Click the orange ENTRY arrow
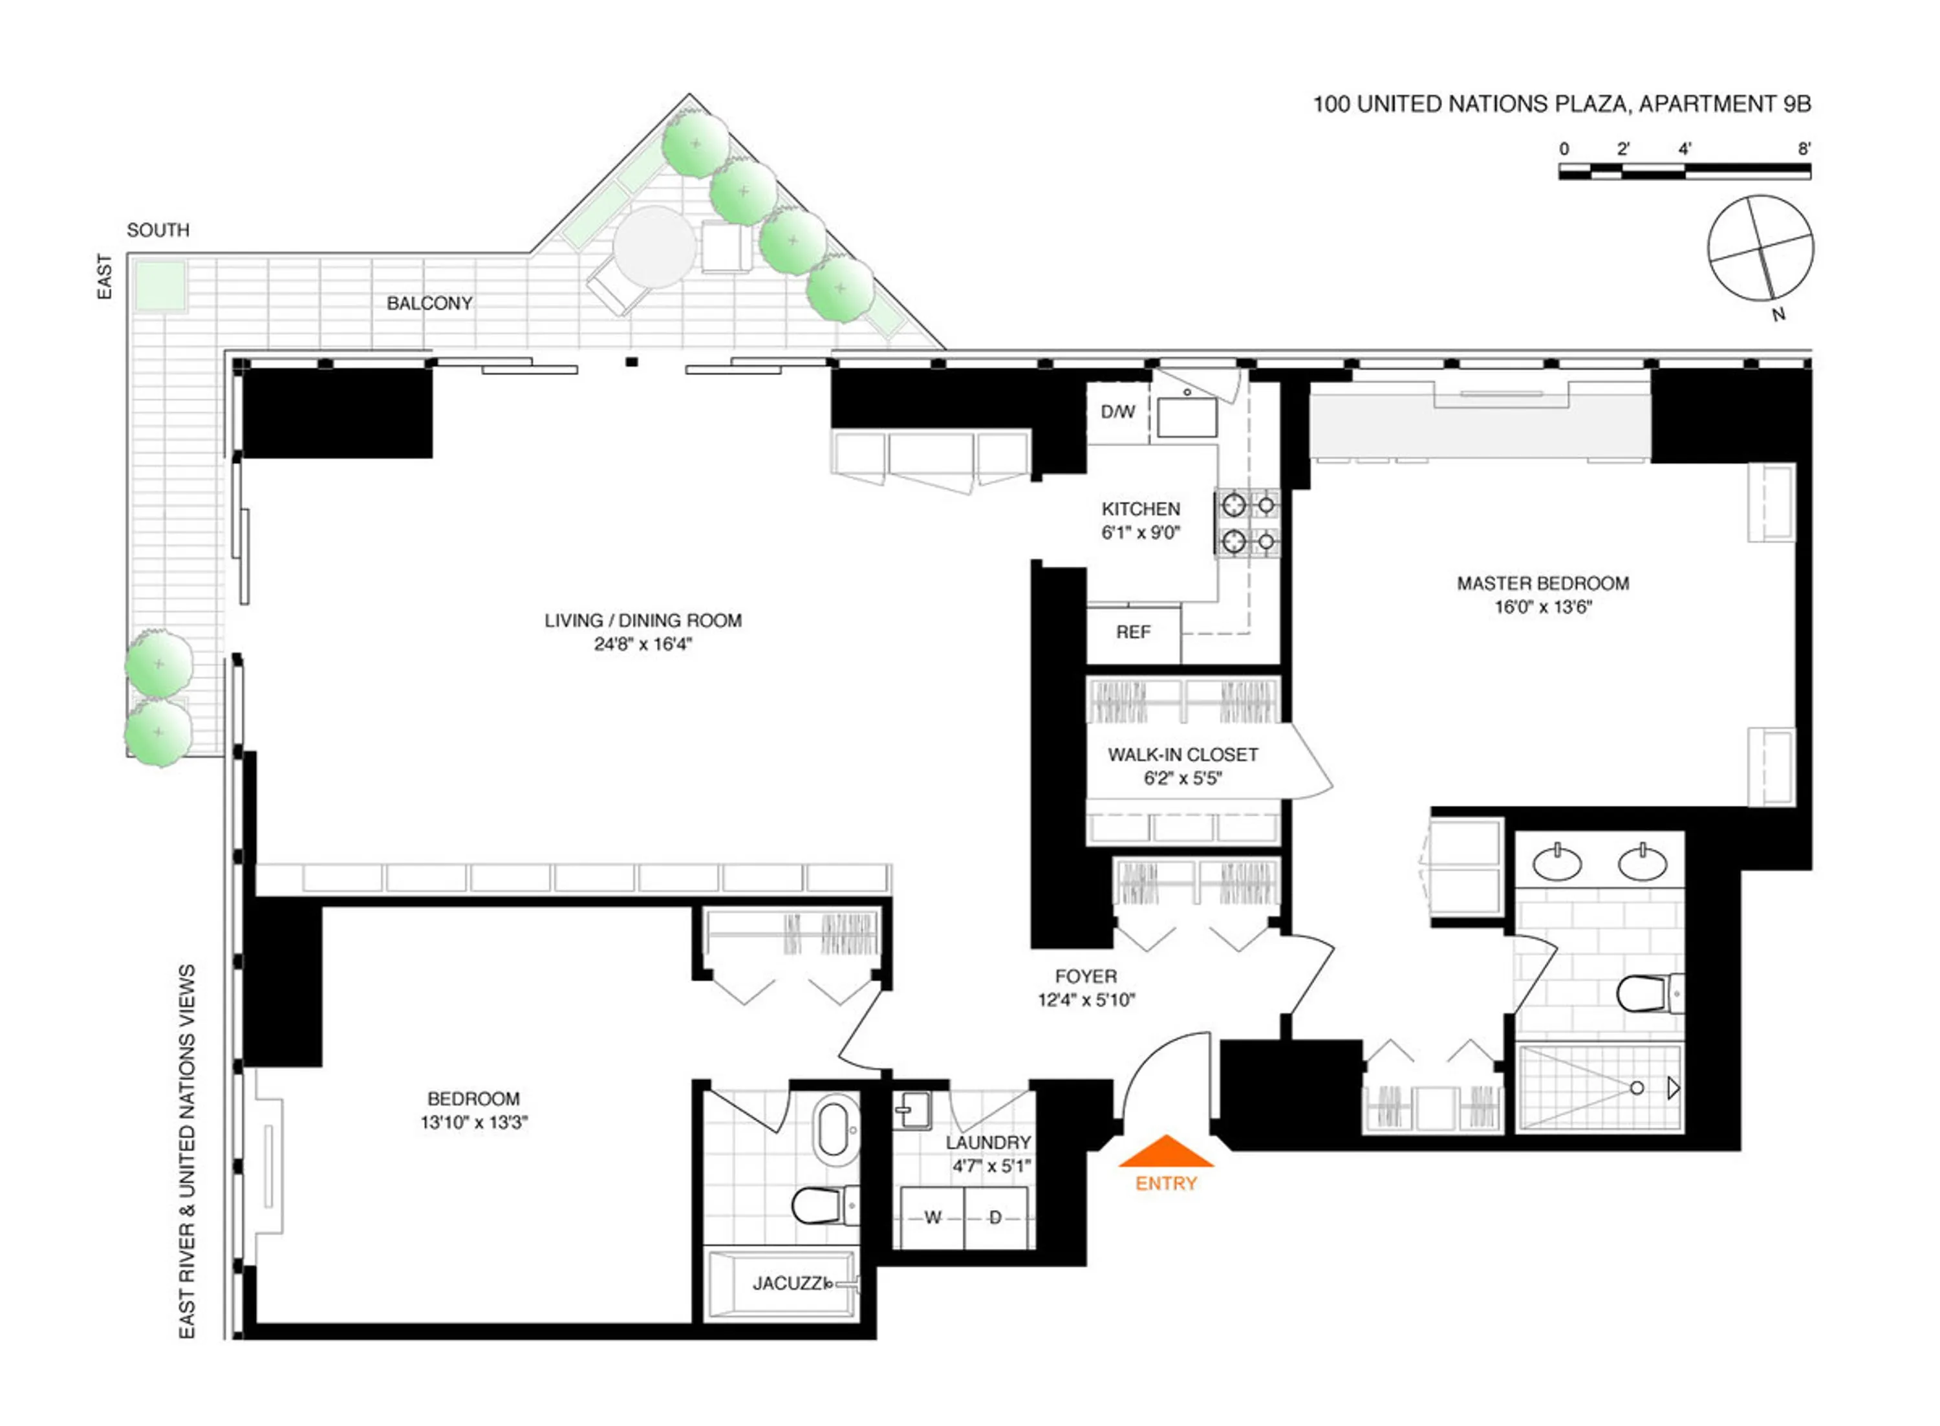click(x=1165, y=1152)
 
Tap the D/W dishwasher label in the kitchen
click(x=1117, y=413)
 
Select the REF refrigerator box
click(x=1132, y=632)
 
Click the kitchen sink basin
click(x=1187, y=417)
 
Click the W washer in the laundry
click(x=932, y=1218)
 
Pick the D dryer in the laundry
click(x=995, y=1218)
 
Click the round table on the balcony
click(x=654, y=248)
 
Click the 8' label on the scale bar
click(x=1804, y=149)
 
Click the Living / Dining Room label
click(x=643, y=621)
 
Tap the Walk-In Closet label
click(x=1182, y=755)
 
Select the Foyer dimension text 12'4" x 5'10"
click(x=1086, y=1000)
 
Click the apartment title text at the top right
click(x=1561, y=105)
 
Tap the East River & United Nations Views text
click(x=186, y=1152)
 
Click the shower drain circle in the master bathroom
click(x=1636, y=1088)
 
